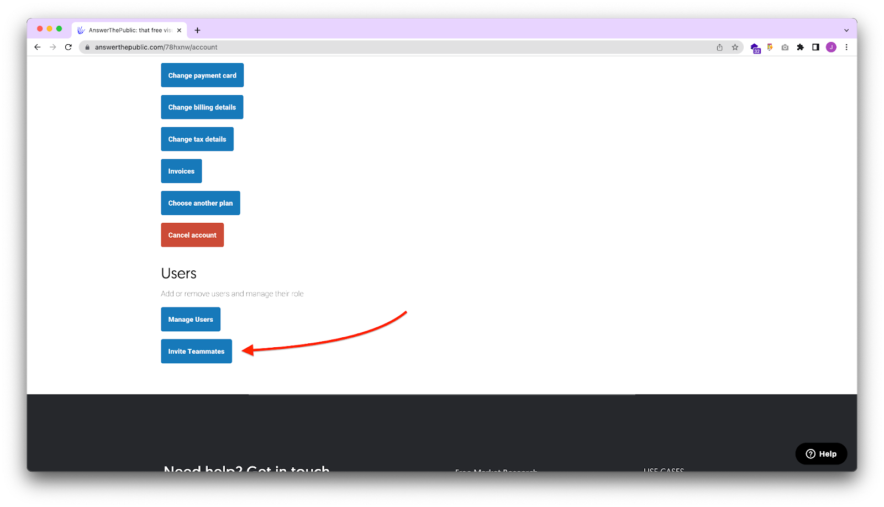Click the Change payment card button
(202, 75)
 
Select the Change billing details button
(202, 107)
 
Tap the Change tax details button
(197, 139)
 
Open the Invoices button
(181, 171)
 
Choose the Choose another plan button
(200, 203)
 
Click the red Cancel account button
(192, 235)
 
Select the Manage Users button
(191, 320)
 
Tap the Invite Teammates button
(196, 351)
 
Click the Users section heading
(178, 273)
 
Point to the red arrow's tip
(244, 350)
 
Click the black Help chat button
(821, 454)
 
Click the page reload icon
(69, 47)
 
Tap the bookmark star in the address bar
(735, 47)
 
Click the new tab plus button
(197, 30)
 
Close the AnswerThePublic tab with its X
(179, 30)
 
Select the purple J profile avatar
(831, 47)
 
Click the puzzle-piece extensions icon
(800, 47)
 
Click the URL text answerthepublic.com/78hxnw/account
(156, 47)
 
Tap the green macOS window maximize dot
(59, 29)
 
